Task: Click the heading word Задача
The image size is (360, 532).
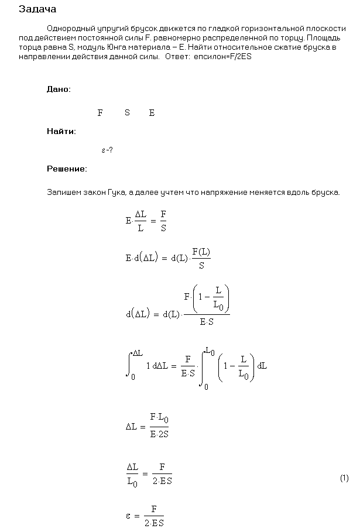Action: point(37,9)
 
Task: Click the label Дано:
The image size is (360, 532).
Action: point(59,89)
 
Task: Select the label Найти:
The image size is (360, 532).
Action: point(61,131)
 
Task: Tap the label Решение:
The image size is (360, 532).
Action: point(67,169)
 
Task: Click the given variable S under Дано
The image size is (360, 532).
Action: point(127,113)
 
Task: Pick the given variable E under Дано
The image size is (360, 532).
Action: point(152,113)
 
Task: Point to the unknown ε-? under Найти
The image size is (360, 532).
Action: point(107,150)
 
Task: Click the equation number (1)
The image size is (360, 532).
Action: point(344,478)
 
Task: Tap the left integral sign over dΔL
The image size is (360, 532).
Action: point(129,365)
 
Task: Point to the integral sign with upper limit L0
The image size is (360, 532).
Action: point(204,368)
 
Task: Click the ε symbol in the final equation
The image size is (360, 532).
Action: point(128,516)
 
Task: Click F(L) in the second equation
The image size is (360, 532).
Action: point(201,253)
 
